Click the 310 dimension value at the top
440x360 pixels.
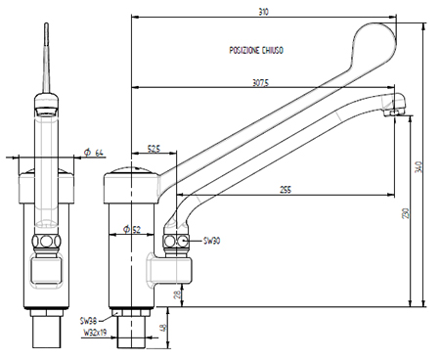point(263,12)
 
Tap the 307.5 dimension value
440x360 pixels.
point(261,83)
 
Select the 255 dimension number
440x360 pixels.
point(286,190)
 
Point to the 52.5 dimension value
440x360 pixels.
point(154,149)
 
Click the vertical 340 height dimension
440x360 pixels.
point(419,166)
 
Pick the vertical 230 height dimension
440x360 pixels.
point(406,213)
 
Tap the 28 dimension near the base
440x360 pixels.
point(177,294)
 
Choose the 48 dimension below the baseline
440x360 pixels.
point(164,327)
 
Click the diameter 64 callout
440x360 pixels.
point(94,153)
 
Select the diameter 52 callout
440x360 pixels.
point(132,230)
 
